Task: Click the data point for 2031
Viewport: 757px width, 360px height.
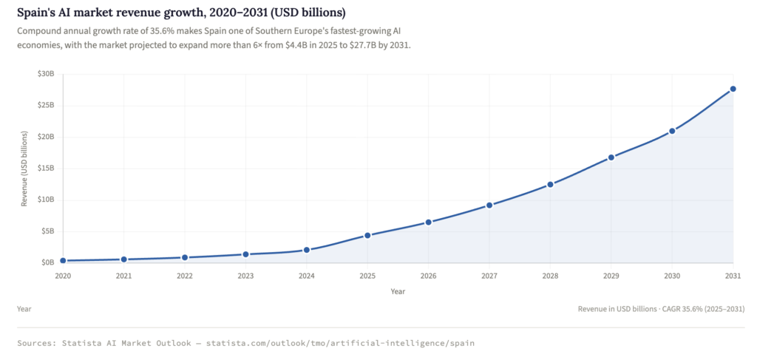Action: tap(733, 89)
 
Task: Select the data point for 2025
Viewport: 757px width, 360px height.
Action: tap(367, 235)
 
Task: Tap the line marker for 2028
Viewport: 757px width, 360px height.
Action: tap(550, 184)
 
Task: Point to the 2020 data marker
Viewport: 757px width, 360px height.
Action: tap(63, 260)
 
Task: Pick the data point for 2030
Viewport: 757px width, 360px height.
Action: tap(672, 131)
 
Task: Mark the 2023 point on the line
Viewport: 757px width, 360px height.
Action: tap(245, 254)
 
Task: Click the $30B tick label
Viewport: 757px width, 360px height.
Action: tap(46, 74)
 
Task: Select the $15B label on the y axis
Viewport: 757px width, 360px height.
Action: tap(46, 168)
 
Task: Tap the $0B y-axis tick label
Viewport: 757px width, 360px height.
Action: tap(47, 262)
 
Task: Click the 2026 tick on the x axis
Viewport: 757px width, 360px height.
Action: tap(428, 276)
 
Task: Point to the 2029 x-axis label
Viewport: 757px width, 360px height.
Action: tap(611, 276)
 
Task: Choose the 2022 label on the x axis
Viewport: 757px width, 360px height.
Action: tap(185, 276)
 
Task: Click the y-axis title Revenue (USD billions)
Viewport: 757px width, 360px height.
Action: tap(24, 168)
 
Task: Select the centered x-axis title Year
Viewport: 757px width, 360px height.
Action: tap(398, 291)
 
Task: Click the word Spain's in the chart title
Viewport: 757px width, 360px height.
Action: tap(38, 13)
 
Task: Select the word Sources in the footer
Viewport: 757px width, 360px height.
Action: tap(39, 344)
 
